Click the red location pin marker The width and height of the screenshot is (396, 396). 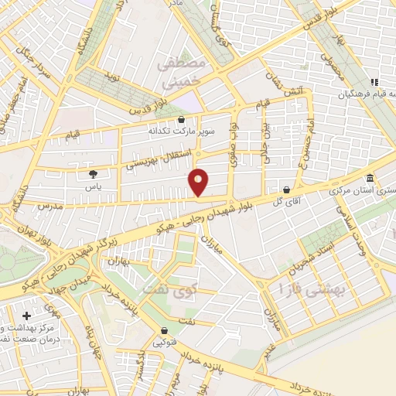point(199,181)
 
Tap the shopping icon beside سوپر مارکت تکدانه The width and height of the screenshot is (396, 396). point(181,120)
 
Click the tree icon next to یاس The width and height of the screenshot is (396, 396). point(94,174)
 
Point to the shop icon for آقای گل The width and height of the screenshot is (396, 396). point(287,189)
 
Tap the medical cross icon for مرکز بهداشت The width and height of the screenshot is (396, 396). point(27,316)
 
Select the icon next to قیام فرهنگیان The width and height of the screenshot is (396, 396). point(374,82)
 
